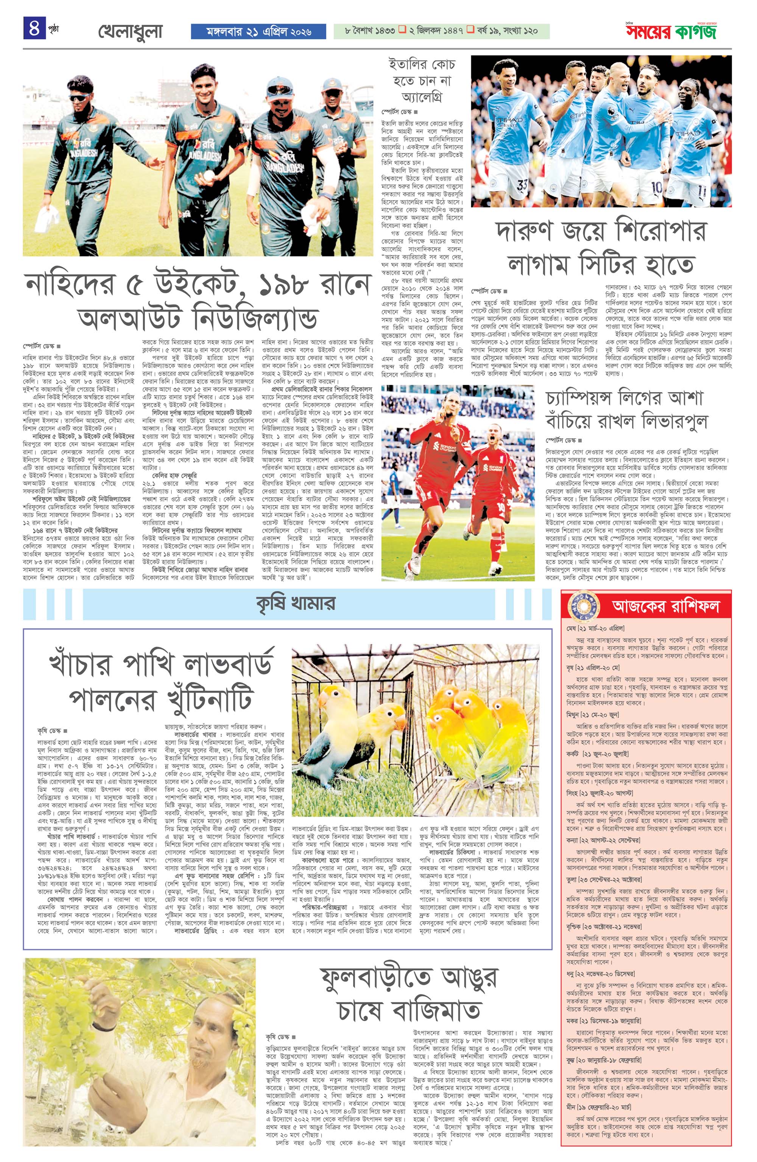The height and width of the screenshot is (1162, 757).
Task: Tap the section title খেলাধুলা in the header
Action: (130, 32)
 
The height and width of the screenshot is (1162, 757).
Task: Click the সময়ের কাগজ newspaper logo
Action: (671, 32)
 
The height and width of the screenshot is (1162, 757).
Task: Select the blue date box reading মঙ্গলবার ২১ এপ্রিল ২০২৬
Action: (259, 32)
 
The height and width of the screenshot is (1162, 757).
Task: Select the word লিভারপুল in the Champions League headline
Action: (668, 421)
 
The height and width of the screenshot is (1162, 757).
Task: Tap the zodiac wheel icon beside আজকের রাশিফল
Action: (584, 606)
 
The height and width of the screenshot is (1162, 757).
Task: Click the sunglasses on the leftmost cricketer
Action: (79, 98)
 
